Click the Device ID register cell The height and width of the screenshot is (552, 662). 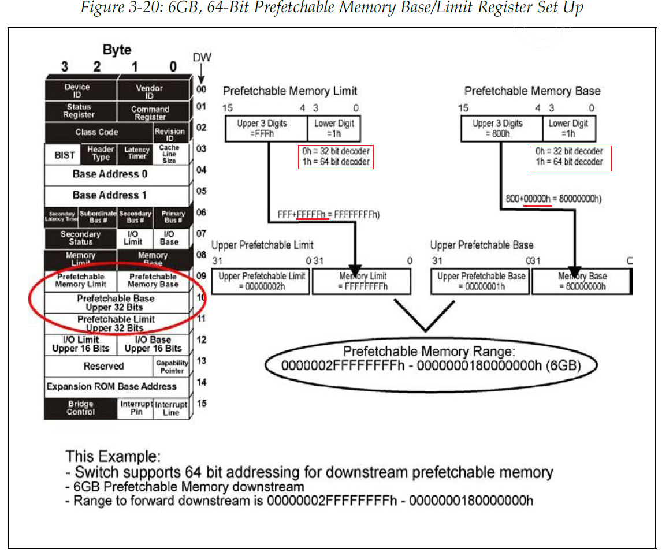80,91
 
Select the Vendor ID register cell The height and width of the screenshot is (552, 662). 153,91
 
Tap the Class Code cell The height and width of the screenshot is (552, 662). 97,132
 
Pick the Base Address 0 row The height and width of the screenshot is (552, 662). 117,174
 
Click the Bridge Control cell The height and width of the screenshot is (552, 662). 80,408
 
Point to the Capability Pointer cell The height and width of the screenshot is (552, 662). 172,366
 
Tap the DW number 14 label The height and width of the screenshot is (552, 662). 201,383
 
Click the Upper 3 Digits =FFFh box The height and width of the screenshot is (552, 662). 266,128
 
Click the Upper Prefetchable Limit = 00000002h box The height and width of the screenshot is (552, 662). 262,281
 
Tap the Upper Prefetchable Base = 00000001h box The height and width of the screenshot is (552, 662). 481,281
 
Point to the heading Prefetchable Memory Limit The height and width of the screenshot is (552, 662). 290,91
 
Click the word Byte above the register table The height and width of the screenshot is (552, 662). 117,50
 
